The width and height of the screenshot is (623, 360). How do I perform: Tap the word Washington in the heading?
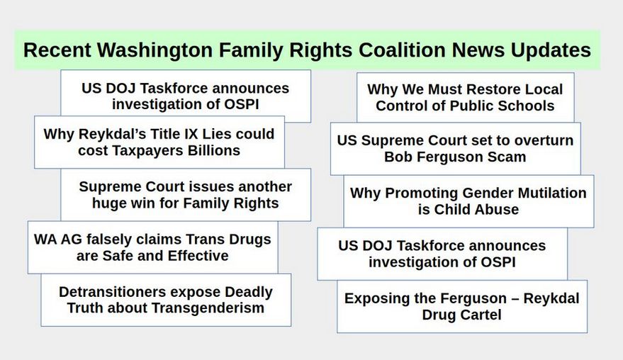click(x=155, y=51)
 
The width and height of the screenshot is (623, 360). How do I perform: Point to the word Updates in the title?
click(x=551, y=51)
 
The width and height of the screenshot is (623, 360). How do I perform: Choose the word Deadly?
click(x=248, y=293)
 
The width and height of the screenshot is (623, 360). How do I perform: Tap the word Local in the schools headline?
click(x=544, y=89)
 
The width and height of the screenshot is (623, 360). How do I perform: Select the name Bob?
click(x=395, y=157)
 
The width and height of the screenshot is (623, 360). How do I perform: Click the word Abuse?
click(x=499, y=210)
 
